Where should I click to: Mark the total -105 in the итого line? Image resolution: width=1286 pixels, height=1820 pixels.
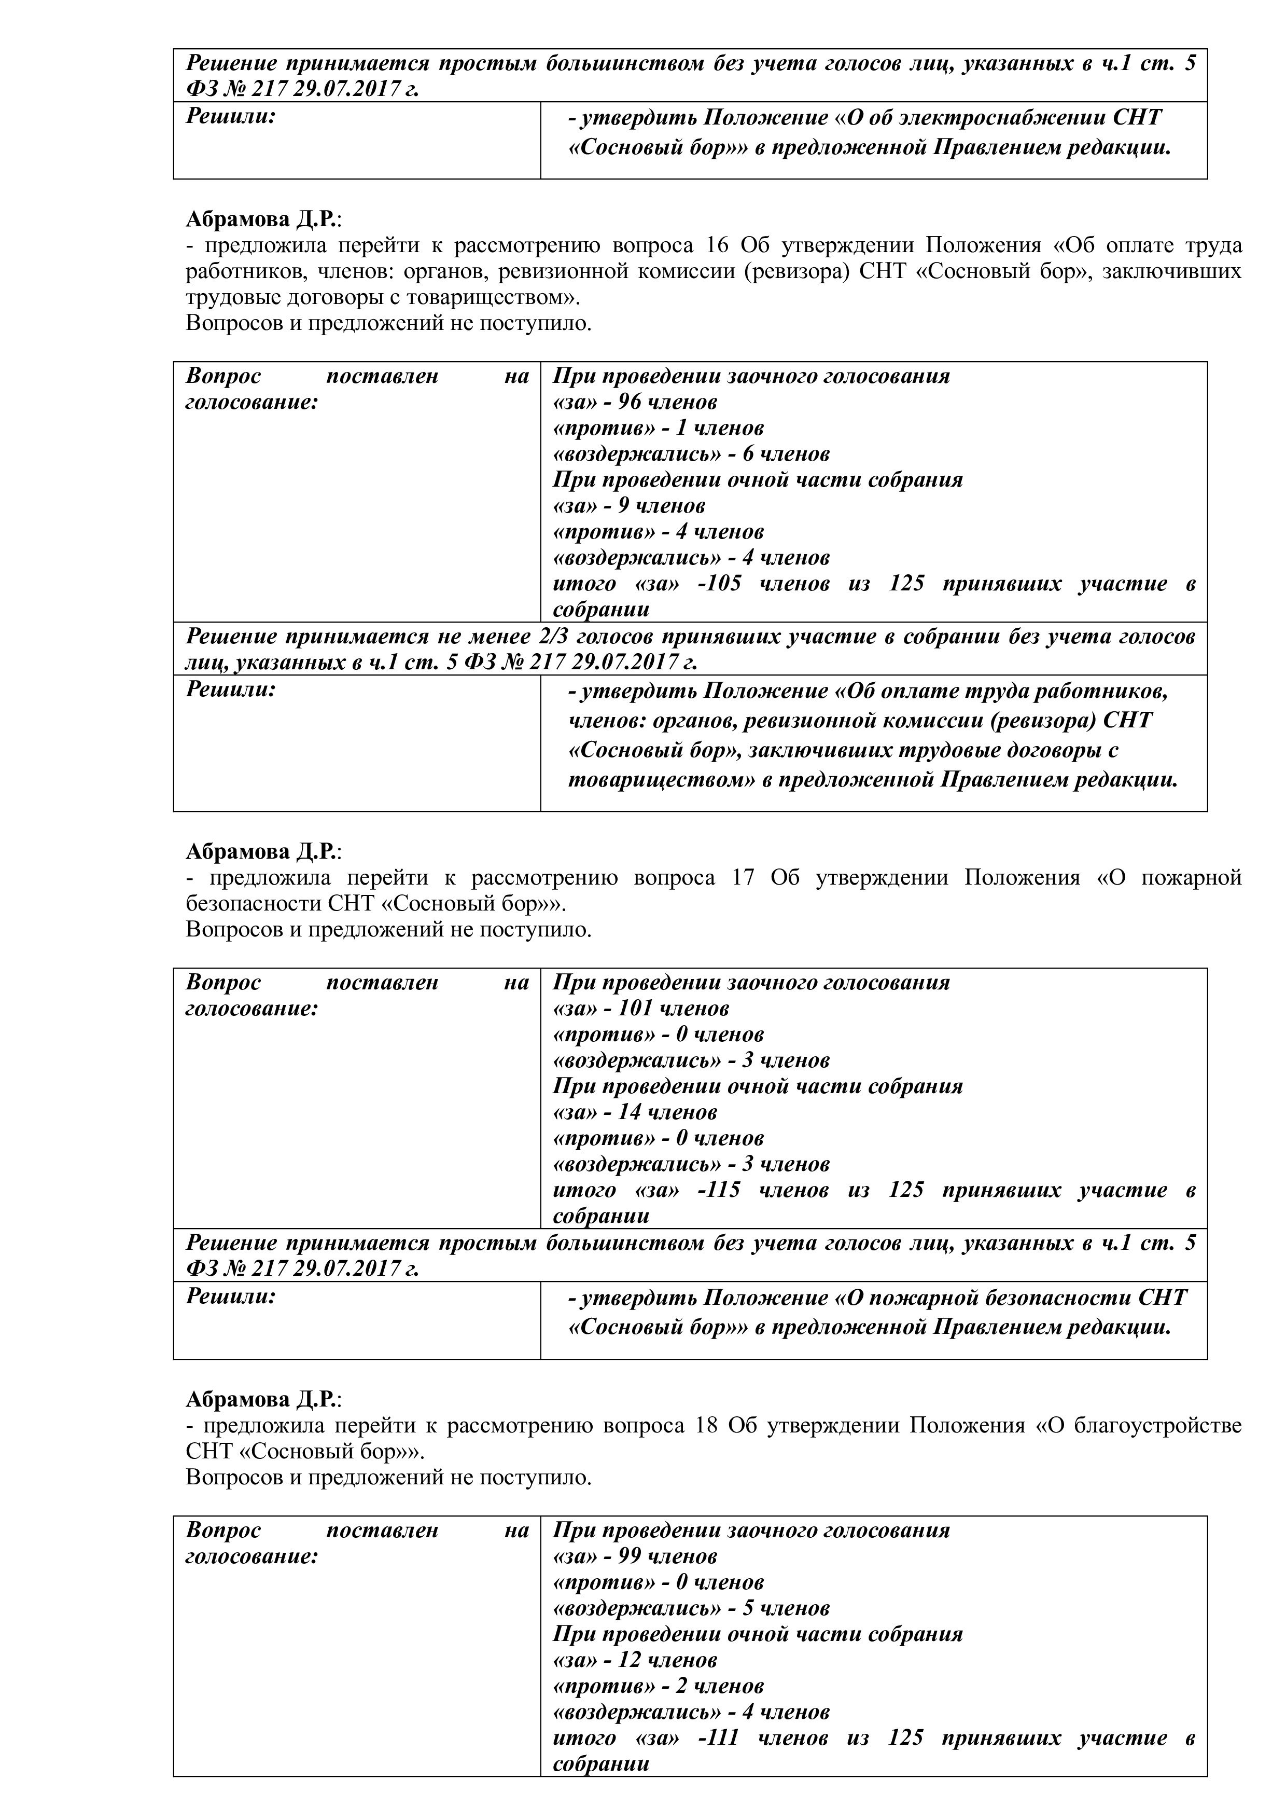pyautogui.click(x=719, y=584)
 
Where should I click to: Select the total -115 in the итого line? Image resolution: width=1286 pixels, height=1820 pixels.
pyautogui.click(x=719, y=1191)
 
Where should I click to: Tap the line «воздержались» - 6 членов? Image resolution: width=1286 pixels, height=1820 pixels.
pyautogui.click(x=691, y=454)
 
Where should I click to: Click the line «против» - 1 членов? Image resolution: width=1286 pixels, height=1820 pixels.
pyautogui.click(x=658, y=428)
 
